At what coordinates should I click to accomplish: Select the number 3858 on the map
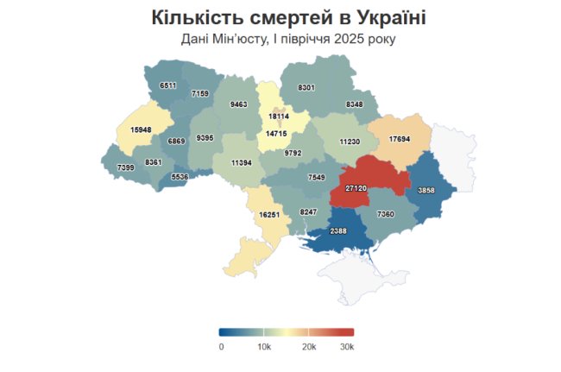(x=426, y=189)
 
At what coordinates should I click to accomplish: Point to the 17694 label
(x=399, y=139)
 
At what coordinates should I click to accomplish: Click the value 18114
(x=278, y=116)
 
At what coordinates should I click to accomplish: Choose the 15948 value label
(x=142, y=129)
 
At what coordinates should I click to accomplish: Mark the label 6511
(x=168, y=85)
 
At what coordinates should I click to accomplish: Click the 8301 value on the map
(x=306, y=88)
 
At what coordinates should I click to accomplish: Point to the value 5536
(x=180, y=176)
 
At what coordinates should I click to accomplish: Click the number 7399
(x=125, y=167)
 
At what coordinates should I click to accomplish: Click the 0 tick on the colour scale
(x=221, y=346)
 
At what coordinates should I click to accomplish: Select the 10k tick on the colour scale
(x=265, y=346)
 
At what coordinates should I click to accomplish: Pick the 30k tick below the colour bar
(x=348, y=346)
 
